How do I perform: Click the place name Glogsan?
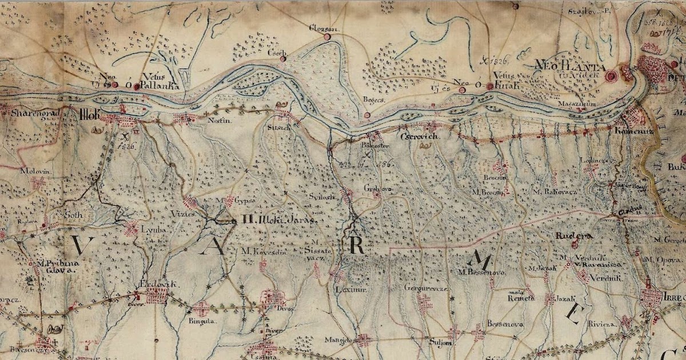(321, 27)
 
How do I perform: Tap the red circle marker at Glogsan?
(328, 37)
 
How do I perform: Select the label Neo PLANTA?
(564, 65)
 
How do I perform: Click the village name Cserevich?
(419, 138)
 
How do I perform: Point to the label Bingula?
(200, 321)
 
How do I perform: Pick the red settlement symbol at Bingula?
(201, 309)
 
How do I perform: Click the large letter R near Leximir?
(356, 245)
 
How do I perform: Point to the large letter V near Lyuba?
(77, 245)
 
